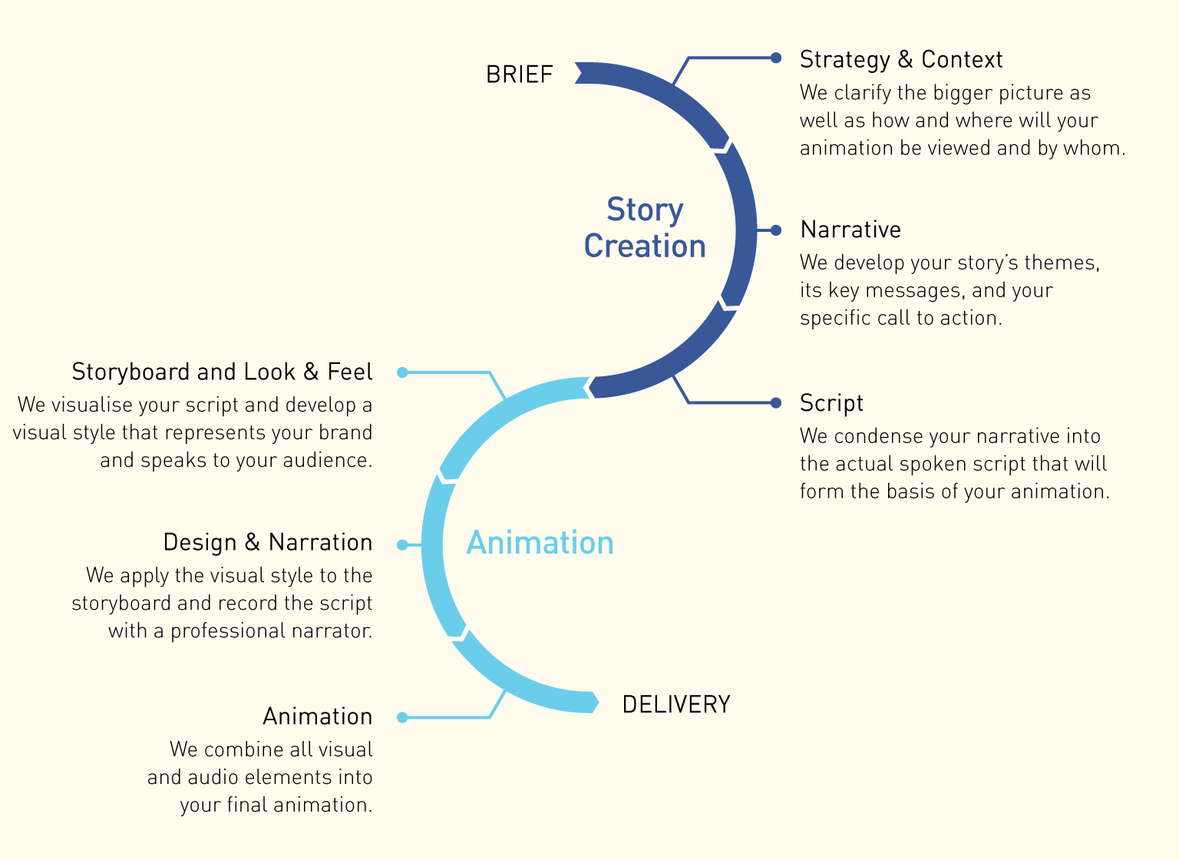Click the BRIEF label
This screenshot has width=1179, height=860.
(x=519, y=74)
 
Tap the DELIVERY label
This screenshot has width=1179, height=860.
(x=675, y=704)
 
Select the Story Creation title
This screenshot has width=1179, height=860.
(x=645, y=228)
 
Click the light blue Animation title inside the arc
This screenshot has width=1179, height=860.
(x=540, y=543)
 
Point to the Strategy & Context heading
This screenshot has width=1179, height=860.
(x=900, y=59)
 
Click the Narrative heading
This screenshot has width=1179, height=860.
(x=850, y=230)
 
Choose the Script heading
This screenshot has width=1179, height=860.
(x=831, y=403)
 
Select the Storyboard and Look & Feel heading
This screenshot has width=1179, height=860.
(x=222, y=372)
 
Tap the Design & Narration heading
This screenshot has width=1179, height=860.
(x=267, y=542)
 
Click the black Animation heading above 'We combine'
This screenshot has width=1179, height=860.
(x=317, y=716)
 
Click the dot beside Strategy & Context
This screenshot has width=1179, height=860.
(x=776, y=58)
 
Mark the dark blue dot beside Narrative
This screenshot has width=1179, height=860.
(x=776, y=230)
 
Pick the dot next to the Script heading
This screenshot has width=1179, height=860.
(x=776, y=402)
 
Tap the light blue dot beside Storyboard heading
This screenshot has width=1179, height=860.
(x=402, y=372)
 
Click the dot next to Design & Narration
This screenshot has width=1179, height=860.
(x=402, y=545)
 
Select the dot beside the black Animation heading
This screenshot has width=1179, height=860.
(x=402, y=717)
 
